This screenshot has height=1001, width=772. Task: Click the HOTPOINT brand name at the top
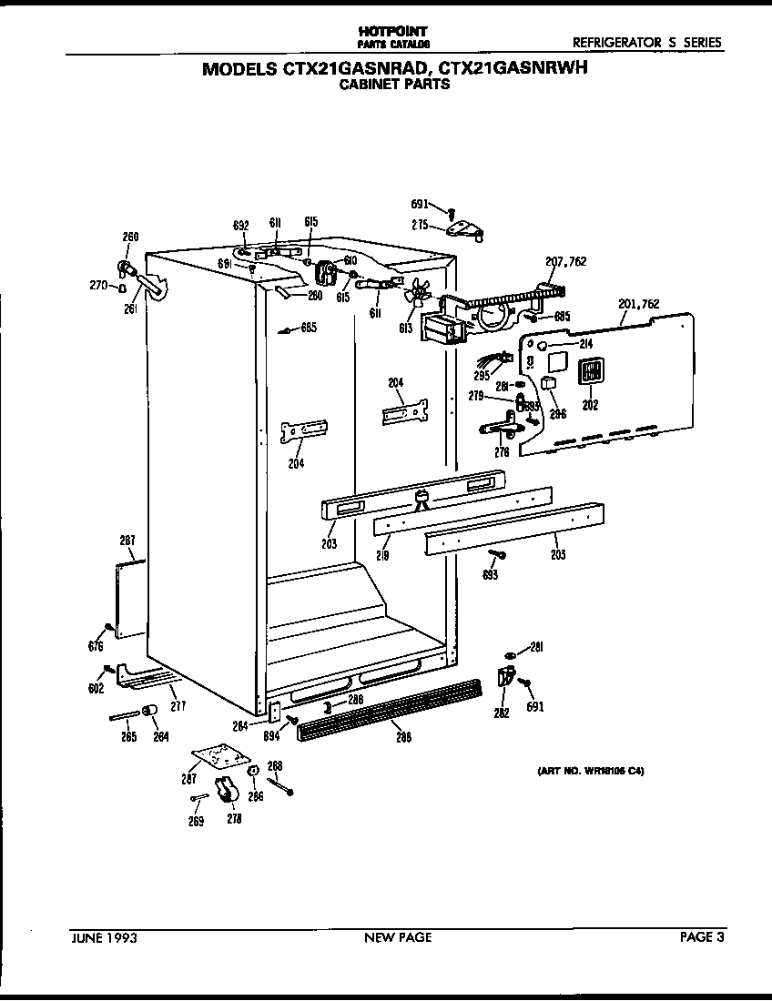[392, 31]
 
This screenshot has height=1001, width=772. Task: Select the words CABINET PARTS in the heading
[394, 85]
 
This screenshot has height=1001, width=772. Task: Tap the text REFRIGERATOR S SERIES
[646, 42]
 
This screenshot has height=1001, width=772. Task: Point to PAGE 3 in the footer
[702, 937]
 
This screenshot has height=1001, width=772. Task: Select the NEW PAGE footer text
[398, 937]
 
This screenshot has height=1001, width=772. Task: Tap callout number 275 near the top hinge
[420, 225]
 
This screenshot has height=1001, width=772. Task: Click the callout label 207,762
[565, 261]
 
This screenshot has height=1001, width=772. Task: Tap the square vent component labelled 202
[590, 370]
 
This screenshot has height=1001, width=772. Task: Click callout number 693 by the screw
[493, 575]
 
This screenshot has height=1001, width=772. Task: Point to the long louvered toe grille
[394, 706]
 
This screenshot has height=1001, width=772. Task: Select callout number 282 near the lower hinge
[501, 713]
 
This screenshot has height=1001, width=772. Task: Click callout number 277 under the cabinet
[178, 705]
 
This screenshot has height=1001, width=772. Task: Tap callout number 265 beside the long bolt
[129, 736]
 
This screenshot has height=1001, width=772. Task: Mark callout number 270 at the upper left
[98, 286]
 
